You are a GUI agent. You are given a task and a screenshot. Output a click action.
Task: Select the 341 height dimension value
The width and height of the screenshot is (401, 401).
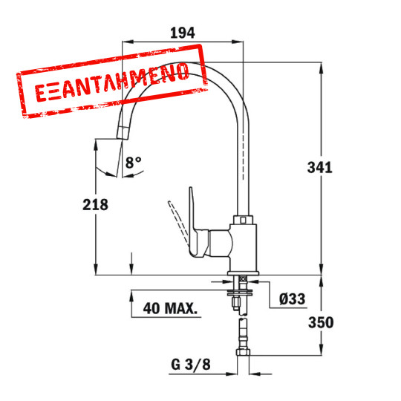pyautogui.click(x=320, y=167)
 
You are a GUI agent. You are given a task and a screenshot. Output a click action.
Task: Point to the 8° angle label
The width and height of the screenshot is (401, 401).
pyautogui.click(x=133, y=161)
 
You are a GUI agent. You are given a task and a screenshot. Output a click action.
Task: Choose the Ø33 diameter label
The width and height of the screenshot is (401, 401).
pyautogui.click(x=293, y=299)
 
